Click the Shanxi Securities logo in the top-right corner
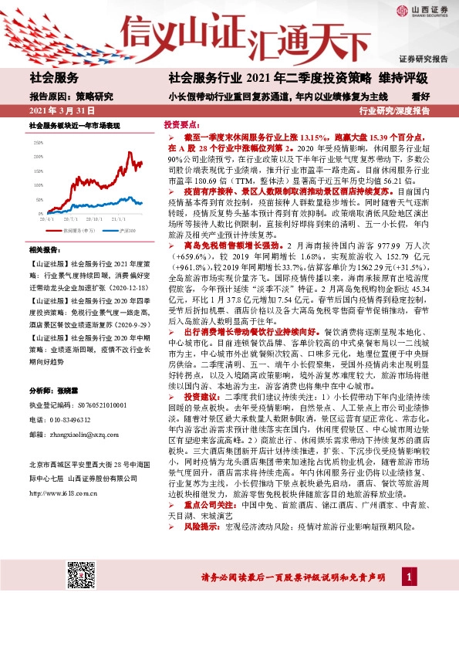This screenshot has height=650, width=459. tap(423, 11)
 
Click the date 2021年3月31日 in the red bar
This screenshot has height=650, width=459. tap(61, 111)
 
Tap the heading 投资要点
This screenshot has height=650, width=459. tap(180, 124)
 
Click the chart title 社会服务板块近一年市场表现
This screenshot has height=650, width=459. tap(75, 125)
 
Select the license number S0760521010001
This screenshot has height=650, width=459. tap(84, 404)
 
